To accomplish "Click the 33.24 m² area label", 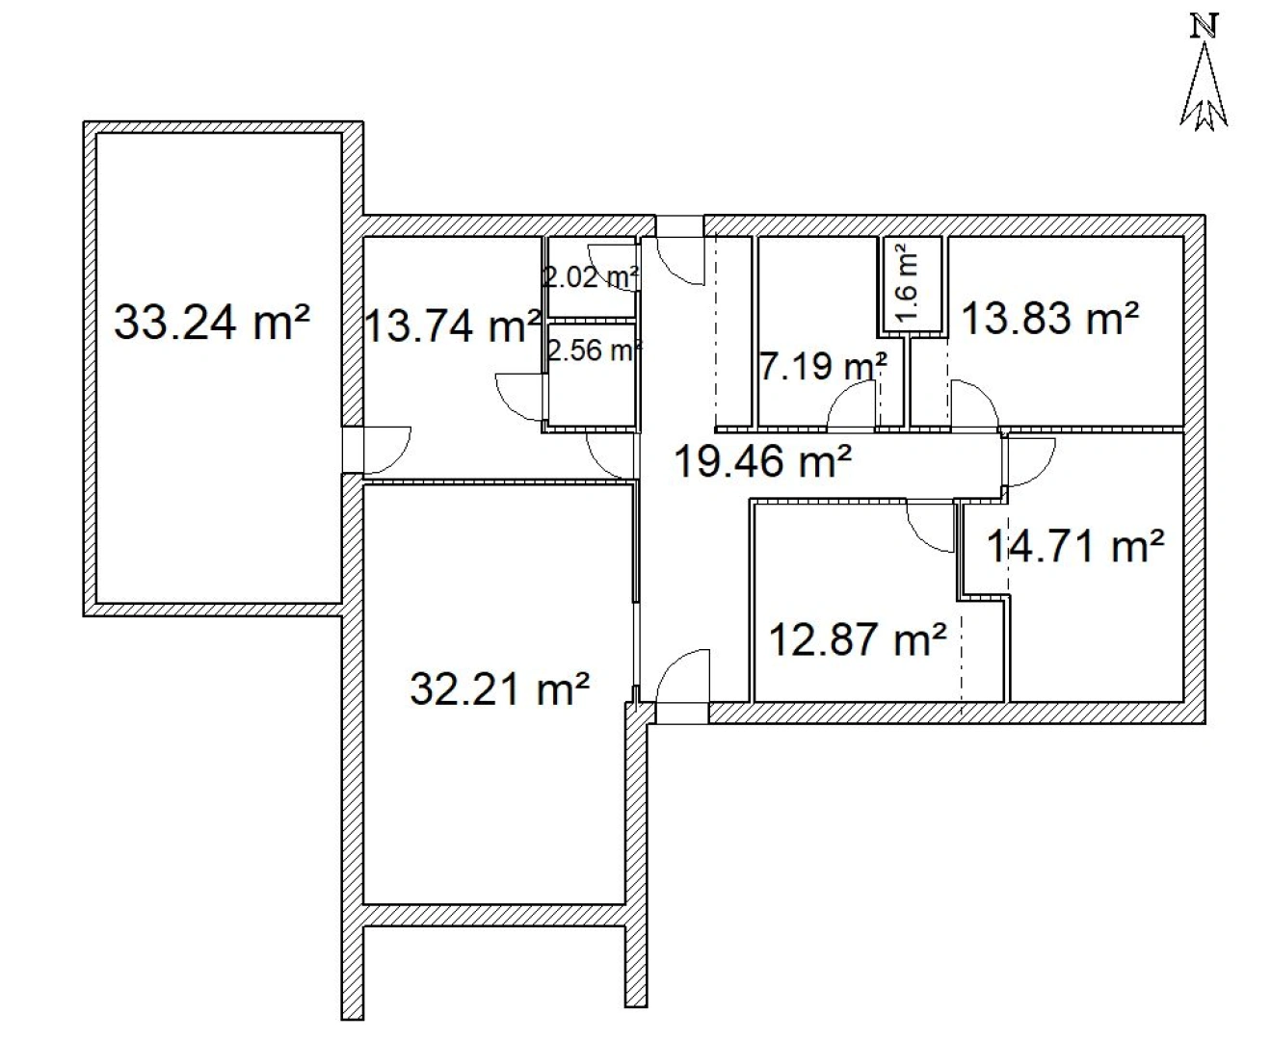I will click(212, 322).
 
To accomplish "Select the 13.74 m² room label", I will click(451, 327).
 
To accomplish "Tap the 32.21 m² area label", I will click(500, 689).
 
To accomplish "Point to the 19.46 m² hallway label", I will click(761, 462).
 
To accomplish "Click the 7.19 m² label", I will click(823, 366).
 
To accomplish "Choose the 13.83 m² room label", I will click(1050, 318).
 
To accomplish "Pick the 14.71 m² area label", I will click(1075, 547).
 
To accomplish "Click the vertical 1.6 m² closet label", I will click(908, 283).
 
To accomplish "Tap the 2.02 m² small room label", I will click(591, 278).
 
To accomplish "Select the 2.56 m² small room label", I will click(594, 351).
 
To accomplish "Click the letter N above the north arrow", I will click(1203, 25).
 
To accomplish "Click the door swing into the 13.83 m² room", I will click(974, 404).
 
